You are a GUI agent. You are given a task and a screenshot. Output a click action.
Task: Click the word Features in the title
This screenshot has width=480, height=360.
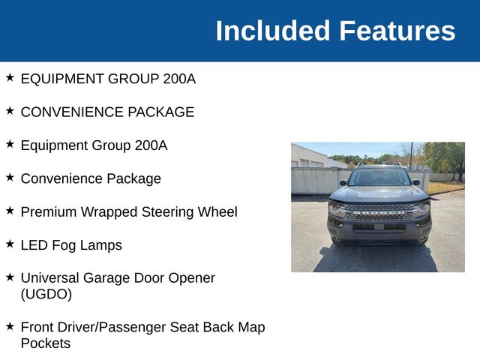tap(397, 31)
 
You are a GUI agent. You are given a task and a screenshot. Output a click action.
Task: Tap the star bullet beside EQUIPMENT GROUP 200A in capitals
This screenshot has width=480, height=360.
tap(10, 77)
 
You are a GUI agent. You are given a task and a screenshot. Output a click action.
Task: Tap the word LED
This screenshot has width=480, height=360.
tap(34, 244)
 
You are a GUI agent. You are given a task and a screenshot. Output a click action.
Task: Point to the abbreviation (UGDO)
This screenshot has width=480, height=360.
tap(46, 294)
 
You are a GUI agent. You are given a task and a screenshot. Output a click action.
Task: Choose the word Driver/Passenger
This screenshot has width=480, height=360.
tap(115, 327)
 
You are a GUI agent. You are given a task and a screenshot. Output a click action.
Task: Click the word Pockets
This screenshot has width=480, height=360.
tap(45, 343)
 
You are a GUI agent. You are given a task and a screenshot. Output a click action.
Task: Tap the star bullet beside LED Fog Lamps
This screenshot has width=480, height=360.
tap(10, 244)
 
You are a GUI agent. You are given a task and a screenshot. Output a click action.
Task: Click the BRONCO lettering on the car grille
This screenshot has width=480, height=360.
tap(379, 209)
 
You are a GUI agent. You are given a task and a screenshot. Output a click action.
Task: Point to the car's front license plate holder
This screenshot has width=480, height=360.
tap(379, 226)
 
